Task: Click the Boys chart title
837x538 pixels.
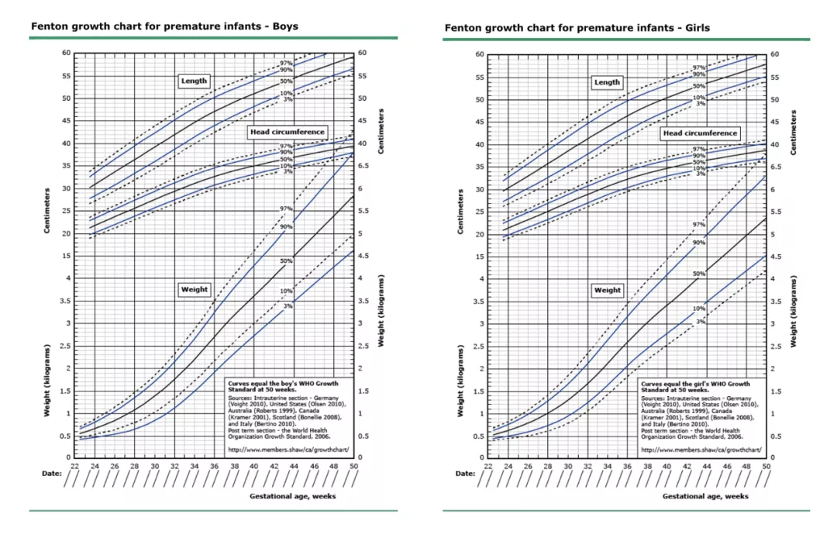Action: (x=164, y=26)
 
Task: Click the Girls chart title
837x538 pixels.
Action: (x=577, y=28)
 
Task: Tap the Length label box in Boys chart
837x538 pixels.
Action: (x=194, y=81)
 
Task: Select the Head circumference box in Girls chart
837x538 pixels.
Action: (x=700, y=133)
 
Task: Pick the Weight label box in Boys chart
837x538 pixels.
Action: (x=194, y=289)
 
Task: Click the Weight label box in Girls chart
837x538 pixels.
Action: (x=607, y=290)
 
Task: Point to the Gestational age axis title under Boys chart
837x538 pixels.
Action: (x=292, y=496)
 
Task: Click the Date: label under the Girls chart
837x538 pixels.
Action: (x=465, y=473)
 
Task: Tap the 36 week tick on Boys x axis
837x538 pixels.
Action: (x=214, y=465)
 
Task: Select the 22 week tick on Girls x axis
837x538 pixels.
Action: (x=488, y=466)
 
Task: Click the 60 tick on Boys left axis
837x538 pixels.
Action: (x=67, y=53)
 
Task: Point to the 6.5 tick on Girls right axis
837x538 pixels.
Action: (x=774, y=167)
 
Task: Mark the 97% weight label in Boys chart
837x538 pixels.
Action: (x=286, y=209)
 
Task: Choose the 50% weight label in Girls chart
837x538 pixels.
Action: (x=699, y=274)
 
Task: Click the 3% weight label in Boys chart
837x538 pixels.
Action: (x=288, y=306)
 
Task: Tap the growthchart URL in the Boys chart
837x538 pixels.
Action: (x=289, y=449)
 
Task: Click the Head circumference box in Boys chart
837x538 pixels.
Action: (x=288, y=133)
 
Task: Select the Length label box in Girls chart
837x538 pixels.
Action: (x=607, y=82)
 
